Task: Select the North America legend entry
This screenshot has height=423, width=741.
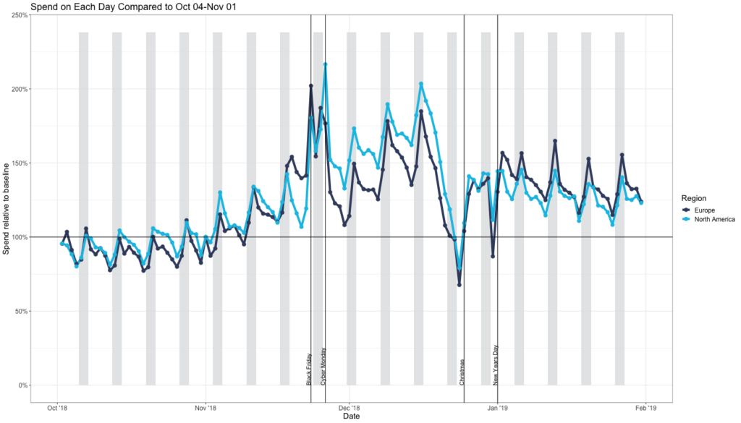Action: click(x=714, y=219)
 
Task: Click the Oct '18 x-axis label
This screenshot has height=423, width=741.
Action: click(x=58, y=409)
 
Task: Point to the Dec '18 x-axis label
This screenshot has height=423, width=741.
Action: click(x=349, y=409)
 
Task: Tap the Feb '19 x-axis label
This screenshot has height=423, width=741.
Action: click(x=646, y=409)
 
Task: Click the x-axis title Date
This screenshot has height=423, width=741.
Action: click(x=351, y=416)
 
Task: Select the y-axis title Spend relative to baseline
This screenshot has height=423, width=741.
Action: click(x=7, y=209)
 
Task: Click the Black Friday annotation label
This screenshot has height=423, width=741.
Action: click(x=310, y=367)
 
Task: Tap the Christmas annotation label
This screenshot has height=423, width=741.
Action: click(x=462, y=371)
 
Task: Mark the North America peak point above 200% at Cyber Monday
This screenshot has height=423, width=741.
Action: click(x=326, y=64)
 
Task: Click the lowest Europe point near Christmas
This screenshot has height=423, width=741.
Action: click(x=459, y=285)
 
